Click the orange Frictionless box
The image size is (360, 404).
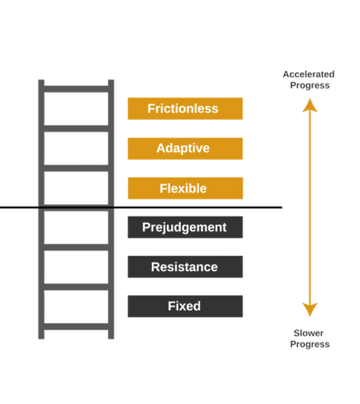185,109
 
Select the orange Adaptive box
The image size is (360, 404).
185,149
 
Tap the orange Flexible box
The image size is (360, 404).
185,188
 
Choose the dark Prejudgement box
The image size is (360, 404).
185,226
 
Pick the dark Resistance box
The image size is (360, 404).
185,266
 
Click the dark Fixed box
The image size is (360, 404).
185,306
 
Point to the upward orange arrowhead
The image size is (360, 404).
310,104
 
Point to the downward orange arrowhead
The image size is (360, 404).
310,309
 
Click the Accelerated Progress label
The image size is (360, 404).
309,78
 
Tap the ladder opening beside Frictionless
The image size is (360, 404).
75,110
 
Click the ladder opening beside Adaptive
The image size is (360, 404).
75,150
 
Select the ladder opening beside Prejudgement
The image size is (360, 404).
75,229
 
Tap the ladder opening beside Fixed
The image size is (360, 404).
75,307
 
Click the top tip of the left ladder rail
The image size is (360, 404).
40,79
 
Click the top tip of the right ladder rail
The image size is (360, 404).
111,79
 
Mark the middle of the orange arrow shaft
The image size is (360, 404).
310,207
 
